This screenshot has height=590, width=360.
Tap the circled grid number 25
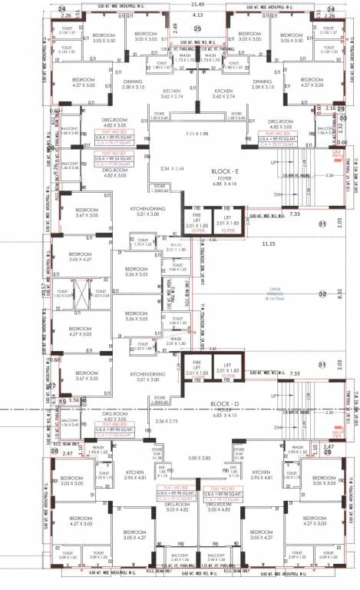coord(197,28)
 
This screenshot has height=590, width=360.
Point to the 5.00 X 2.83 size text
coord(199,458)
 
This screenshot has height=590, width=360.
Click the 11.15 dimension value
coord(267,244)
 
